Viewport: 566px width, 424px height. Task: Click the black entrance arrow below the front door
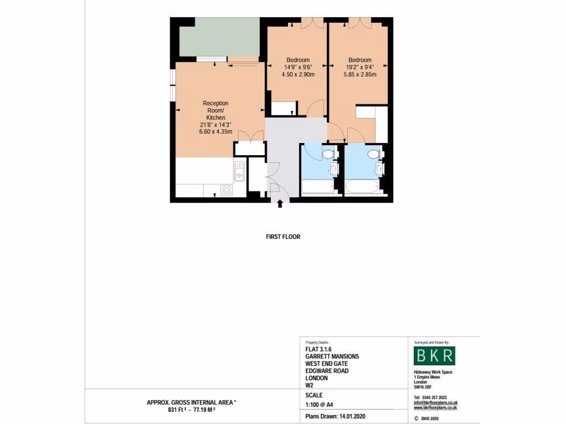pyautogui.click(x=280, y=204)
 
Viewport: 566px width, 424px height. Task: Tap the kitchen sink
pyautogui.click(x=239, y=172)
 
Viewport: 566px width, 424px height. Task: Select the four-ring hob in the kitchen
pyautogui.click(x=226, y=190)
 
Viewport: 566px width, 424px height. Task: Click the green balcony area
pyautogui.click(x=219, y=36)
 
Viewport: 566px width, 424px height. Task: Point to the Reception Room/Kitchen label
pyautogui.click(x=216, y=110)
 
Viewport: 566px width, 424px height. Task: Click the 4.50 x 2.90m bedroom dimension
pyautogui.click(x=298, y=75)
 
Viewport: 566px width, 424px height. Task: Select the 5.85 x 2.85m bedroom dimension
pyautogui.click(x=360, y=75)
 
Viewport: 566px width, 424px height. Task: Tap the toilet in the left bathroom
pyautogui.click(x=328, y=153)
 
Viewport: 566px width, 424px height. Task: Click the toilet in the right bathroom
pyautogui.click(x=373, y=153)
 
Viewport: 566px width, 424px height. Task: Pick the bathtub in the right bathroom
pyautogui.click(x=363, y=186)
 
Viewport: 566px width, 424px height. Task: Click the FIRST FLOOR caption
pyautogui.click(x=283, y=237)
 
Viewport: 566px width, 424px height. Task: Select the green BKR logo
pyautogui.click(x=434, y=355)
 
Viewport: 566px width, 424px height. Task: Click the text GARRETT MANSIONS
pyautogui.click(x=332, y=357)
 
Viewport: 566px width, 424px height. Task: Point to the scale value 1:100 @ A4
pyautogui.click(x=319, y=405)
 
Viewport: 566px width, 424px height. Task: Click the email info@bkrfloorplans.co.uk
pyautogui.click(x=436, y=402)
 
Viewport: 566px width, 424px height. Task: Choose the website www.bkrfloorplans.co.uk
pyautogui.click(x=435, y=408)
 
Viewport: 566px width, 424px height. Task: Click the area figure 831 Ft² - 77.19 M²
pyautogui.click(x=191, y=411)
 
